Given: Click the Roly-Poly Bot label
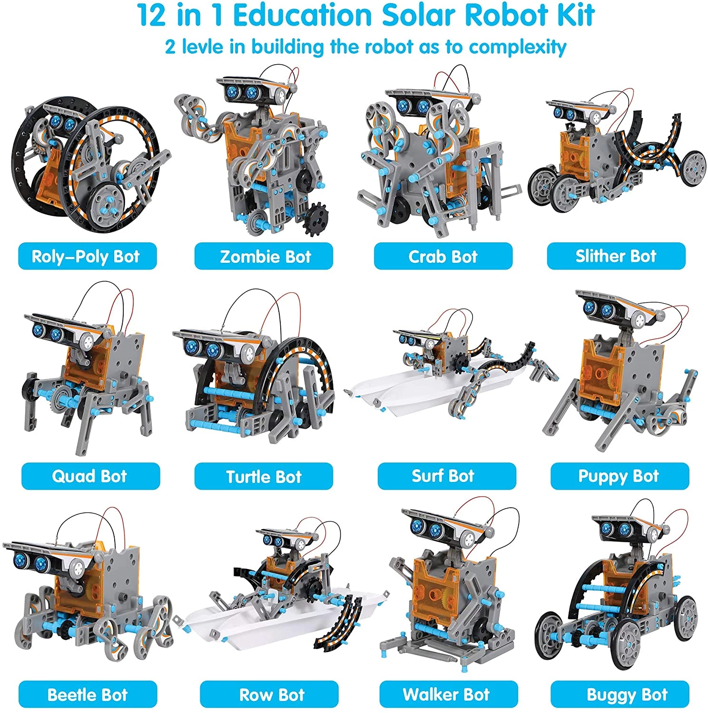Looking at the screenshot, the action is (x=87, y=256).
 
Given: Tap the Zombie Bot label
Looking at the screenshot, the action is (x=264, y=256).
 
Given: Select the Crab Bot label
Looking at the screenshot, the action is (x=443, y=256).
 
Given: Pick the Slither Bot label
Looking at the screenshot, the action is (x=616, y=256).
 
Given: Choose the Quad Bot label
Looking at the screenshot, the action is (x=90, y=476).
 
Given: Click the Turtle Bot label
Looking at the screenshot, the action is (x=264, y=476).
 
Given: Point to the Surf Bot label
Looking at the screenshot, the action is (x=447, y=476).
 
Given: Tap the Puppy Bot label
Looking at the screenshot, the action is (x=619, y=476).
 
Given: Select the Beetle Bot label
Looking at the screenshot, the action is (x=88, y=694).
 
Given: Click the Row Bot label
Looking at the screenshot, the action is (x=269, y=694).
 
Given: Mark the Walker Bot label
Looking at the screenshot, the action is (x=449, y=694).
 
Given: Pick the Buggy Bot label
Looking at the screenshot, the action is (x=619, y=694).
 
